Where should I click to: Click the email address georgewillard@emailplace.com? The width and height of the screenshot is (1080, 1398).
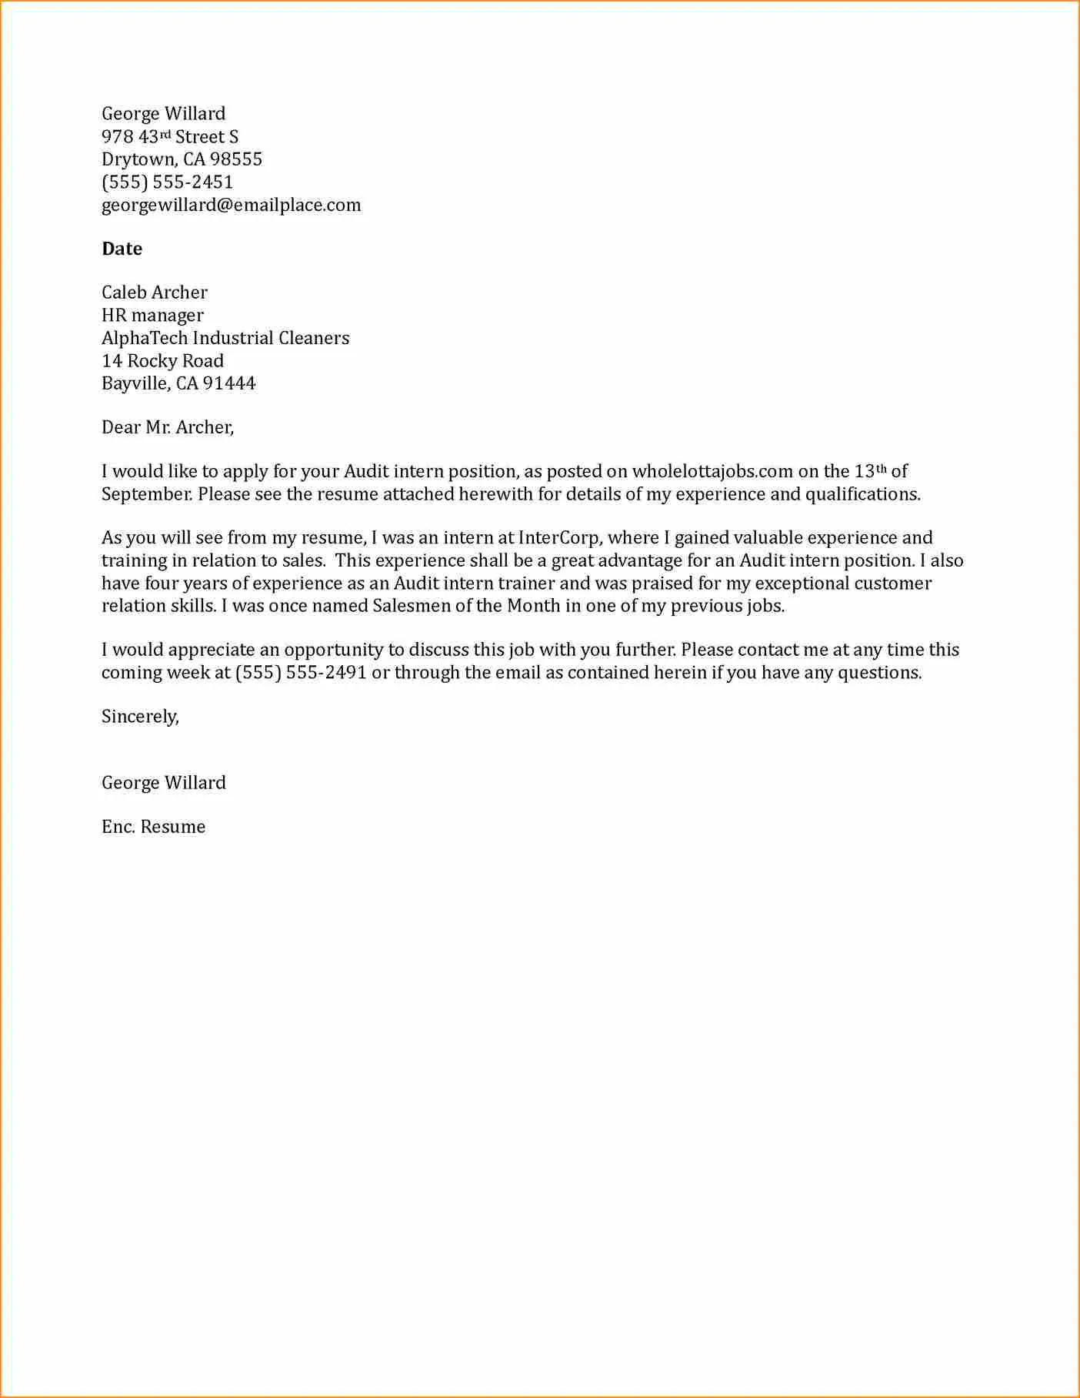pyautogui.click(x=231, y=206)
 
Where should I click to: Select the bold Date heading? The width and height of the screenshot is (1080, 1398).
pyautogui.click(x=122, y=249)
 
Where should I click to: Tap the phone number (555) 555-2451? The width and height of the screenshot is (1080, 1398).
pyautogui.click(x=167, y=182)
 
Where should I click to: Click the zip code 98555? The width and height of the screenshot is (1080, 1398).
pyautogui.click(x=235, y=159)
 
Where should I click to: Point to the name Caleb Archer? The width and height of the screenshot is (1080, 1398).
pyautogui.click(x=154, y=293)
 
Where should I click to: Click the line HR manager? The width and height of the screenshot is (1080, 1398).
pyautogui.click(x=152, y=316)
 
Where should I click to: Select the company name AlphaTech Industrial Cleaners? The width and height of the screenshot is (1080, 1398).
pyautogui.click(x=225, y=338)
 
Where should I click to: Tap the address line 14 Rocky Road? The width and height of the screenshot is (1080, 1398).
pyautogui.click(x=162, y=361)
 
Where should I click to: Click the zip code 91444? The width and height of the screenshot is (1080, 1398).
pyautogui.click(x=228, y=383)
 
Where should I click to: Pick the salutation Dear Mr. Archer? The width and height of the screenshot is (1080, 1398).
pyautogui.click(x=168, y=427)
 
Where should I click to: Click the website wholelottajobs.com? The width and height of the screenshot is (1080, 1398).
pyautogui.click(x=712, y=472)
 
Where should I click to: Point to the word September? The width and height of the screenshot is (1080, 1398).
pyautogui.click(x=146, y=494)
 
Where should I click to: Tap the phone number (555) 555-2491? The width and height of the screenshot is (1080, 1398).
pyautogui.click(x=301, y=673)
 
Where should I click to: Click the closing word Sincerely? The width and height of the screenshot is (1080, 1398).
pyautogui.click(x=140, y=717)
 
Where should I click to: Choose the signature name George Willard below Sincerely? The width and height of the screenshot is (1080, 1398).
pyautogui.click(x=163, y=783)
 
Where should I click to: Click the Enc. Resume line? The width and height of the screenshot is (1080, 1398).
pyautogui.click(x=153, y=827)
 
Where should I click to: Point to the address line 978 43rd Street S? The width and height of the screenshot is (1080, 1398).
pyautogui.click(x=169, y=137)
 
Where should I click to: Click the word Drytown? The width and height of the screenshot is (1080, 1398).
pyautogui.click(x=138, y=159)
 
